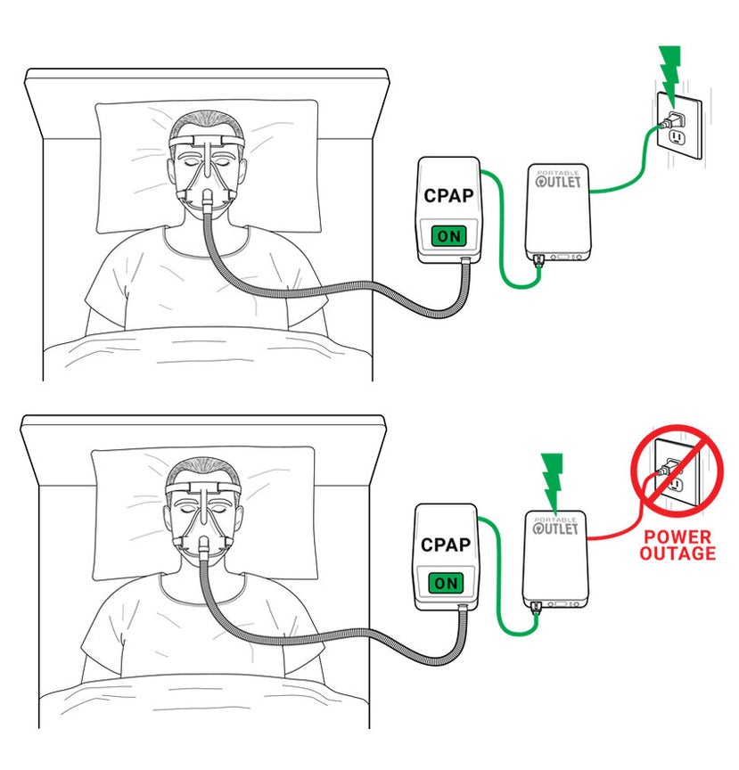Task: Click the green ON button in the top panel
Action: click(448, 237)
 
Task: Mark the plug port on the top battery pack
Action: click(540, 261)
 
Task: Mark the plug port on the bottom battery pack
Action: click(538, 608)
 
